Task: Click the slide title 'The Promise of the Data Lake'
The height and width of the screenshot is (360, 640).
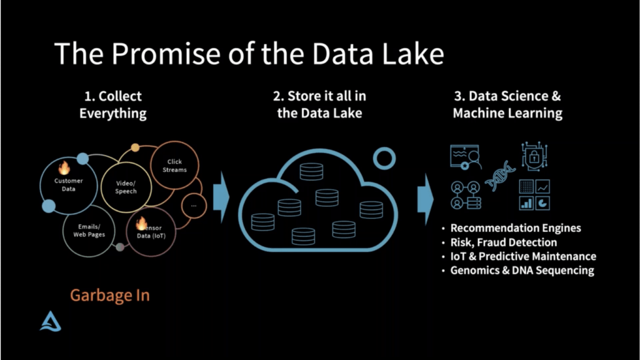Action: (249, 54)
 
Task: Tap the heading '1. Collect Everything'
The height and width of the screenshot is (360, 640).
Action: (113, 105)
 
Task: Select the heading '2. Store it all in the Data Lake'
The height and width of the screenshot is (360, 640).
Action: (319, 105)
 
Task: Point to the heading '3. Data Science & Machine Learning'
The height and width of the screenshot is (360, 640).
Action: (507, 105)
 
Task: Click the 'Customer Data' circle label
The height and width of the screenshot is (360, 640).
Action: (69, 185)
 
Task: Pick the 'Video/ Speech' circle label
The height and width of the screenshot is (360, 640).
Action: (126, 187)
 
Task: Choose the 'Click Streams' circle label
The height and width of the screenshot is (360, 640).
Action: (174, 166)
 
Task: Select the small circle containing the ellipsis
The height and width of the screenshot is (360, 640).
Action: (194, 205)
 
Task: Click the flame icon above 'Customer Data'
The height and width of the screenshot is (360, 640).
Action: (64, 167)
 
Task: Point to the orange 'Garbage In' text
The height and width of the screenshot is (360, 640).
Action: (109, 295)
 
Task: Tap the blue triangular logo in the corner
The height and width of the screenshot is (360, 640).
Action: (51, 321)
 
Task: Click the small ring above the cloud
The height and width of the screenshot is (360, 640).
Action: (384, 159)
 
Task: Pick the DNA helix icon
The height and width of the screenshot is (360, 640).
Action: (500, 176)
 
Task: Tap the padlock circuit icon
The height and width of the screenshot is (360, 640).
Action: (534, 156)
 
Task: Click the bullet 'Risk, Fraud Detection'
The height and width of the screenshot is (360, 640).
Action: (503, 242)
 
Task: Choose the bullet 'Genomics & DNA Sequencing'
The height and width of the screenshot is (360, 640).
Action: (522, 271)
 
